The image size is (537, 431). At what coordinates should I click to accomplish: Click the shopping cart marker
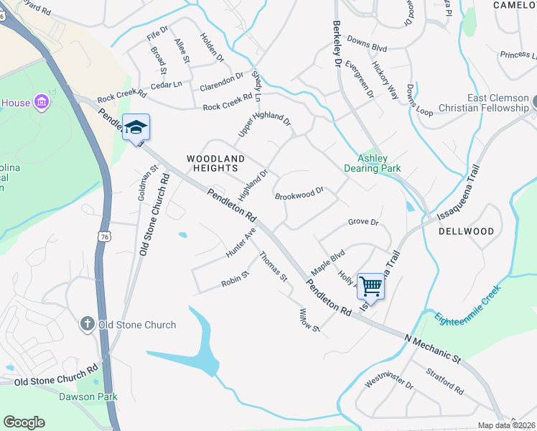click(370, 287)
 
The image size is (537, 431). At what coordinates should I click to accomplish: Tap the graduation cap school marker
click(136, 128)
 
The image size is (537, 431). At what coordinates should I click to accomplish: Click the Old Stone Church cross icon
click(88, 325)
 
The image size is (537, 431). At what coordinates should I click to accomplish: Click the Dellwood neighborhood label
click(467, 231)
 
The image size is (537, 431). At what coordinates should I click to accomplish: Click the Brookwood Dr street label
click(300, 194)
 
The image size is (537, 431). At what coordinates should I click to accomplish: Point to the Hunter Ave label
click(241, 244)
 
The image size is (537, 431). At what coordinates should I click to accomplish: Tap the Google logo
click(24, 422)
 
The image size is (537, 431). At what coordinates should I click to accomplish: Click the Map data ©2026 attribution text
click(507, 425)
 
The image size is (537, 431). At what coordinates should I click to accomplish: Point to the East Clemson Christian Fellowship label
click(487, 103)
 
